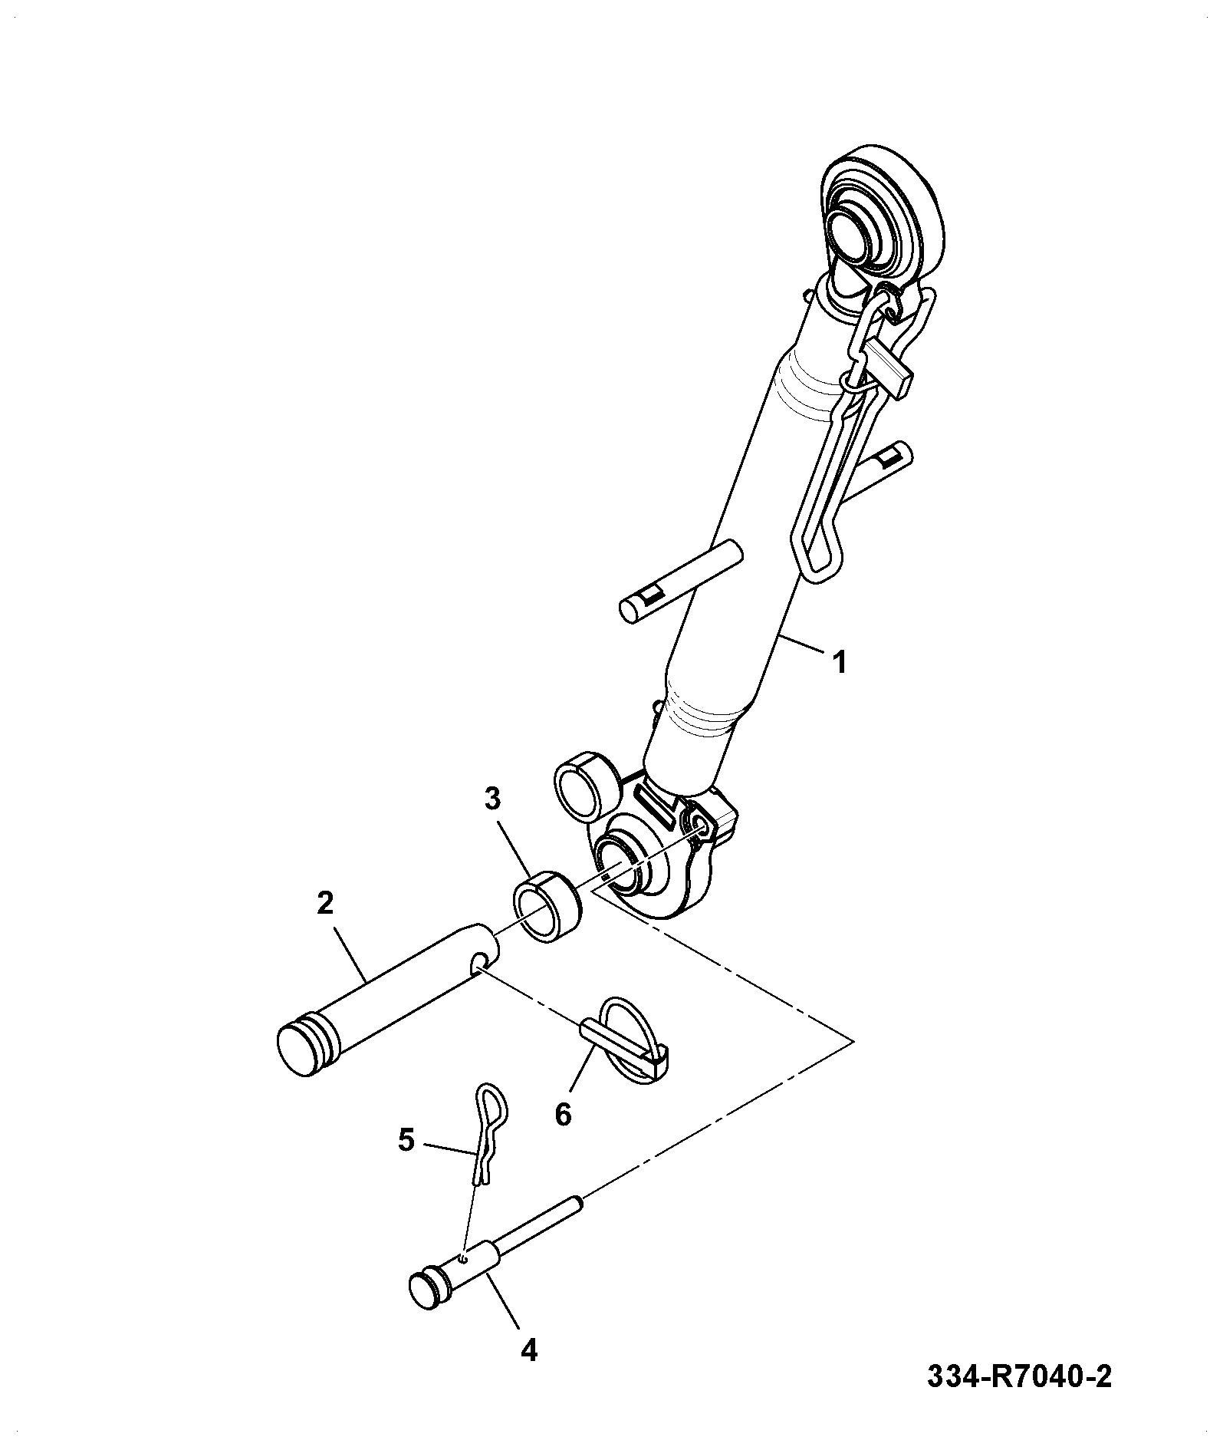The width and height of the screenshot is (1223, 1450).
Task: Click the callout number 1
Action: point(840,661)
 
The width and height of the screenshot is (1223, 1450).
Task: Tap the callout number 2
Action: point(325,903)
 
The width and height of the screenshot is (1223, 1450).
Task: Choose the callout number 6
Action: point(563,1114)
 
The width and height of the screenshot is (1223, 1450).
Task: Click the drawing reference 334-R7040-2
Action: point(1019,1377)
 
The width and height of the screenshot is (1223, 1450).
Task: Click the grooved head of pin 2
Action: point(305,1046)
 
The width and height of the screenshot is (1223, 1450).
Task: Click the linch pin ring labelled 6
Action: point(633,1040)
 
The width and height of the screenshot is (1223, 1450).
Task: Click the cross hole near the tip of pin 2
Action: point(481,961)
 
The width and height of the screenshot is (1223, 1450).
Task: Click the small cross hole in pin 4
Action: point(462,1256)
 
